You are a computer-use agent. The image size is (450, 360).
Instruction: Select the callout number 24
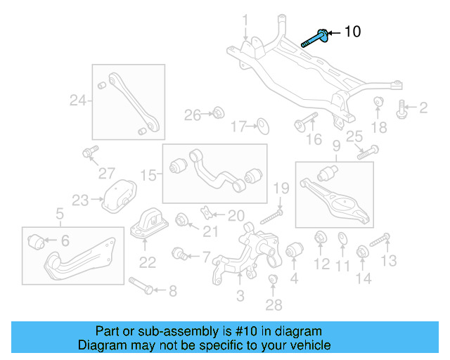78,101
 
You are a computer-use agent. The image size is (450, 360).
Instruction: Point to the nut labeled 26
218,112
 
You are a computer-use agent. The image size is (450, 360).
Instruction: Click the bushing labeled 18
378,103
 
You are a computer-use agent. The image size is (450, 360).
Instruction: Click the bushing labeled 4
294,250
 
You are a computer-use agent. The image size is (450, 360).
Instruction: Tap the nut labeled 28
274,282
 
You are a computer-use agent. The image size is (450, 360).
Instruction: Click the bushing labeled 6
37,243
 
